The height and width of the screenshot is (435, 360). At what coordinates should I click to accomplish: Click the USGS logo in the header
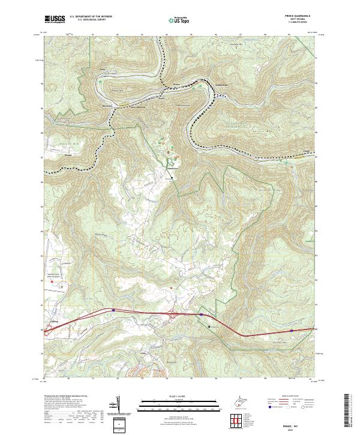(x=54, y=20)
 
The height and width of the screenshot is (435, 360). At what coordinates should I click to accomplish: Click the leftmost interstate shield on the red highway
(x=113, y=310)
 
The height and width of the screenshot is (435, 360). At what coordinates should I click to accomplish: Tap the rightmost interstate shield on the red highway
(x=291, y=330)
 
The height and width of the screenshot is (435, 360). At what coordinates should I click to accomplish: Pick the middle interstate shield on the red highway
(x=202, y=314)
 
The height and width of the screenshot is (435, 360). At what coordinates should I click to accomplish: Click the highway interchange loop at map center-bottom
(x=173, y=314)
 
